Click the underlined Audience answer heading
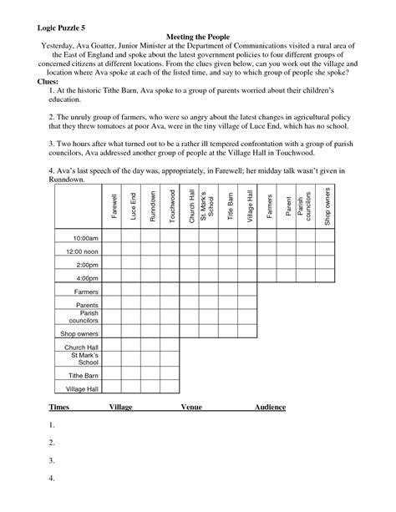(270, 407)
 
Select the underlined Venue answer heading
(193, 407)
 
